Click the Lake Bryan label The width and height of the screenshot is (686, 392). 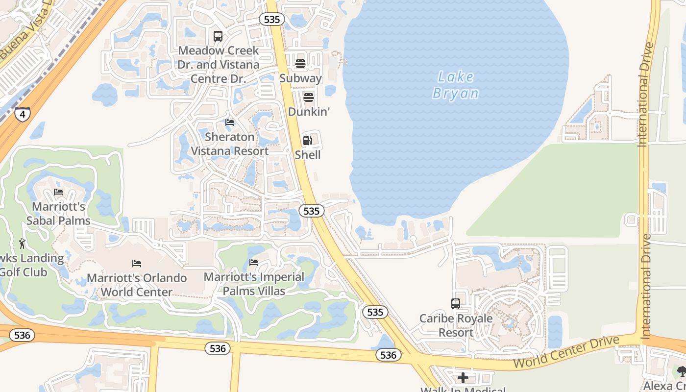(x=456, y=85)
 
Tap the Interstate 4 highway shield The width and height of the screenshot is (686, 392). (x=22, y=114)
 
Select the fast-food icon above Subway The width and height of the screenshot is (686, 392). (x=300, y=64)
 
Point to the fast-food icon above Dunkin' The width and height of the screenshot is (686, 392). (x=308, y=97)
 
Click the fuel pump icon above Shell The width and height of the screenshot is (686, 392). (x=307, y=141)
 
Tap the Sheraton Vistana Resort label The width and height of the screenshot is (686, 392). (x=229, y=144)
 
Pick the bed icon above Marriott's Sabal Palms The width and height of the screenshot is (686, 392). (x=58, y=192)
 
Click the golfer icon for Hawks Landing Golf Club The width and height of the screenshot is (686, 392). (x=22, y=244)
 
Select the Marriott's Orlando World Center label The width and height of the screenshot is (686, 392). (x=137, y=285)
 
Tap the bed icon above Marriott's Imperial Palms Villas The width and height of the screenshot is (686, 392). (x=254, y=263)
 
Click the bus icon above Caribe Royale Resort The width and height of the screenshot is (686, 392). (x=456, y=304)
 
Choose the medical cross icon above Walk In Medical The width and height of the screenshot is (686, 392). (x=463, y=378)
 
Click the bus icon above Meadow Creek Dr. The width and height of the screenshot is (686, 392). (x=218, y=36)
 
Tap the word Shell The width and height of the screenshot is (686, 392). (x=308, y=155)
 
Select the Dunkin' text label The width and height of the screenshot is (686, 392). (x=309, y=112)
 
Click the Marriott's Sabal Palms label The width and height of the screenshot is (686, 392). (x=59, y=214)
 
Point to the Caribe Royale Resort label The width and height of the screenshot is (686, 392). (x=456, y=325)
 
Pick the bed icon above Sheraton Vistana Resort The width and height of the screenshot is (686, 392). (x=230, y=122)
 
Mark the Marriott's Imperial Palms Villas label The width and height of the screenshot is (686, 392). (x=254, y=284)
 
